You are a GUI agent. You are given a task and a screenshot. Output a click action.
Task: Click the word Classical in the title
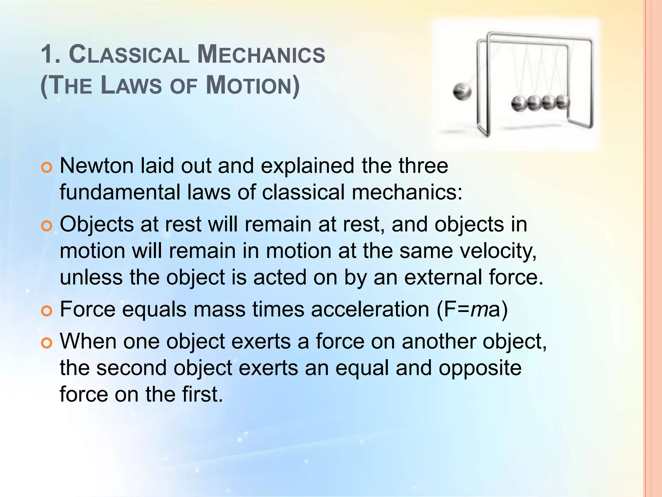129,54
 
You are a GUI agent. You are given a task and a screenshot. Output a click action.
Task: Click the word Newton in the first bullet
96,166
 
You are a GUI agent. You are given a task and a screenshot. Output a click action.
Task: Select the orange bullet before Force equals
47,311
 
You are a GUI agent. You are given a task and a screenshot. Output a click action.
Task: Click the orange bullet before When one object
47,343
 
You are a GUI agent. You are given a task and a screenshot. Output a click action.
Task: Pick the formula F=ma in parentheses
472,310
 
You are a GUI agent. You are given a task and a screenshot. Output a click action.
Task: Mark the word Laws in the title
131,85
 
